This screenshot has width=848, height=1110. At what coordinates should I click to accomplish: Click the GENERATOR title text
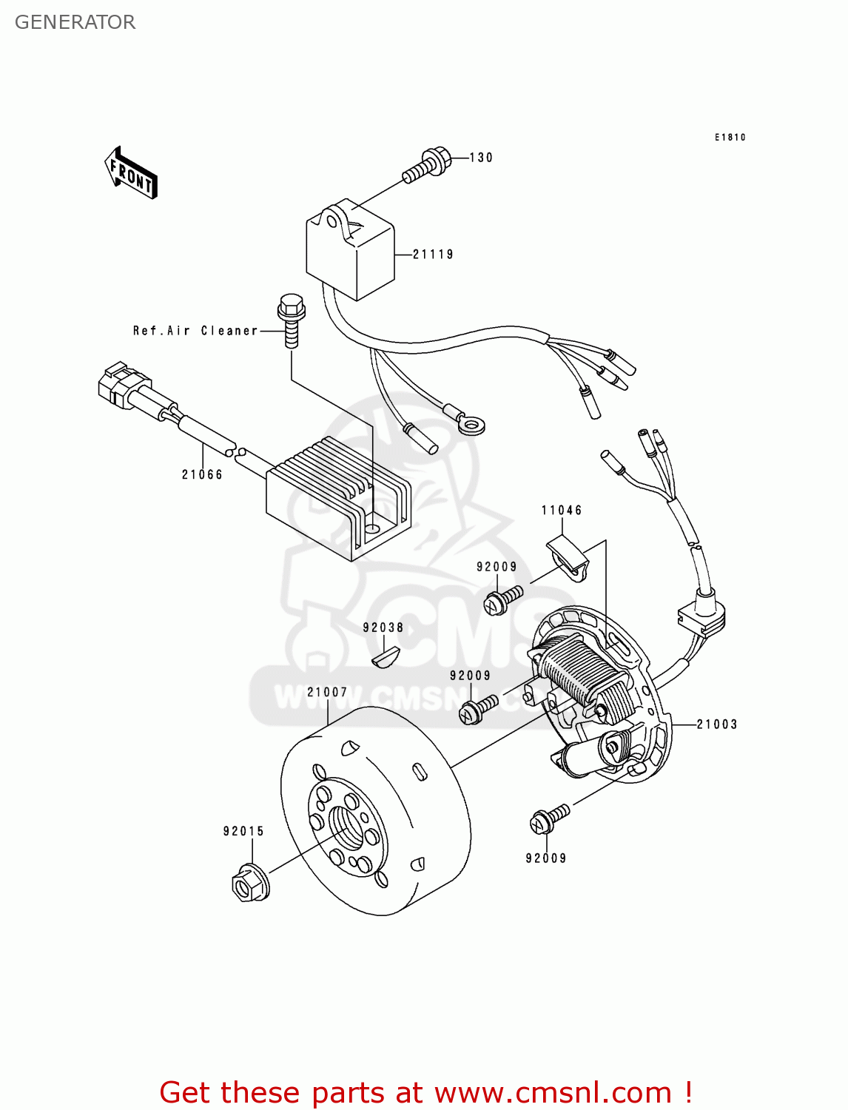point(75,22)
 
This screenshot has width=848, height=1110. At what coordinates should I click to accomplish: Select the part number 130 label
point(481,158)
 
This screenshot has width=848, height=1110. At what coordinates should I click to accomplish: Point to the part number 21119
point(433,255)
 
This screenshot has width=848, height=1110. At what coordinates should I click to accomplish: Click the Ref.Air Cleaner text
point(195,331)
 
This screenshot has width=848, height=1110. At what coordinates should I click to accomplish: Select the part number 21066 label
point(202,474)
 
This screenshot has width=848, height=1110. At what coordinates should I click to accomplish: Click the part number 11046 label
point(562,510)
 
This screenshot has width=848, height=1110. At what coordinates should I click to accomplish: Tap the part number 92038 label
point(383,628)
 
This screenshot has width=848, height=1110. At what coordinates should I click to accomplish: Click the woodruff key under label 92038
point(385,656)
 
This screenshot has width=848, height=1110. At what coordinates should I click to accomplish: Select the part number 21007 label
point(327,693)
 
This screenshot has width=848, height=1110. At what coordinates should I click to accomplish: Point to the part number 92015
point(243,831)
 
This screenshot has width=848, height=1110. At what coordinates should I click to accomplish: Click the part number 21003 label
point(716,724)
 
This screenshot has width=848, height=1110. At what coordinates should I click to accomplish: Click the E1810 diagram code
point(730,138)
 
